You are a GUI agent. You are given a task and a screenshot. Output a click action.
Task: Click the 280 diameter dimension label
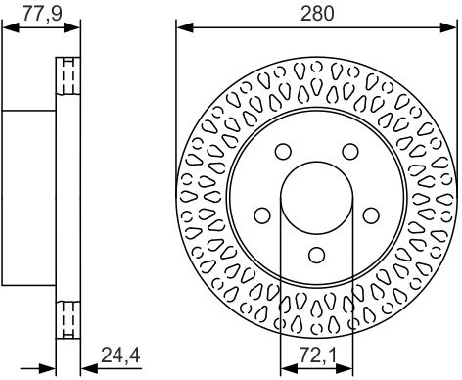point(317,14)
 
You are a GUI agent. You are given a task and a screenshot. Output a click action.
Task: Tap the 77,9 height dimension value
point(42,14)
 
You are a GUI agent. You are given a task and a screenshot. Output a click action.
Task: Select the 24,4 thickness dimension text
point(120,356)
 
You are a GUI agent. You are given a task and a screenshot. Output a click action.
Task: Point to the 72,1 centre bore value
point(316,356)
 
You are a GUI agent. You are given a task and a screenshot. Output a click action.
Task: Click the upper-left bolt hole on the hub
point(283,151)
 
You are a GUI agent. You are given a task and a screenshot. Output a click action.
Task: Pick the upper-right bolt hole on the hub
point(350,151)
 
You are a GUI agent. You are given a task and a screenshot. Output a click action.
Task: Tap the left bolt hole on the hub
point(262,215)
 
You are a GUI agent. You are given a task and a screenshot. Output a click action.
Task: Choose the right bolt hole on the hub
point(371,215)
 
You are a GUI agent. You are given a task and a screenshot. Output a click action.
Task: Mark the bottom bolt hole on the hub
point(316,255)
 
